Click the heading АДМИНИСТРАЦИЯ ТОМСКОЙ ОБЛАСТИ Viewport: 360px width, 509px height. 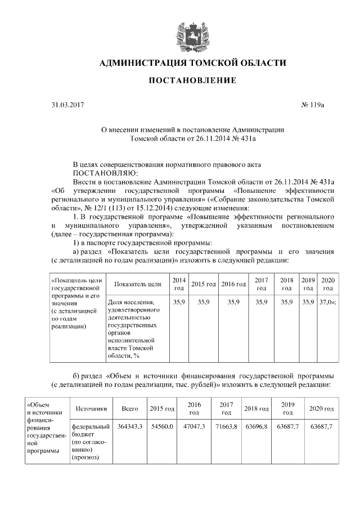(x=192, y=63)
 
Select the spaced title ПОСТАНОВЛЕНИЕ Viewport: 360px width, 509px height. (x=192, y=81)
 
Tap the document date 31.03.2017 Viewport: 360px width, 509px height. (x=66, y=105)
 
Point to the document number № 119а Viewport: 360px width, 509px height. (x=313, y=105)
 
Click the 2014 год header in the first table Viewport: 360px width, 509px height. (x=179, y=284)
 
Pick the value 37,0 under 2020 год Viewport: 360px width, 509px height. (x=326, y=302)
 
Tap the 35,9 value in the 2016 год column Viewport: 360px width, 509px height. (x=233, y=302)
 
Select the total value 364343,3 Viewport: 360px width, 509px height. (x=129, y=427)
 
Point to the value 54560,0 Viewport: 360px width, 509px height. (x=161, y=427)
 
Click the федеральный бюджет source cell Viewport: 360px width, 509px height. (x=88, y=442)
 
